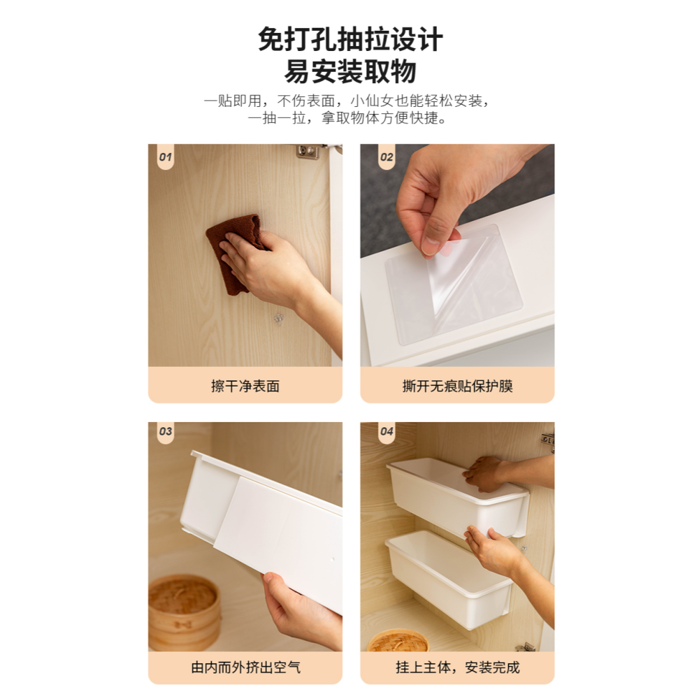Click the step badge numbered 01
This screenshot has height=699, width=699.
point(165,157)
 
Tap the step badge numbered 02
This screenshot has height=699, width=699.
point(387,157)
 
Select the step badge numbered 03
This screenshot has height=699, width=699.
point(165,431)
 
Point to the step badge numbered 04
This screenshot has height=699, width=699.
point(387,431)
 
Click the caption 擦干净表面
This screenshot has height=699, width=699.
point(245,386)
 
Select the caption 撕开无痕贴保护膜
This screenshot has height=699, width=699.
point(457,386)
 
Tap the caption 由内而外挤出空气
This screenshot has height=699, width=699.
point(245,667)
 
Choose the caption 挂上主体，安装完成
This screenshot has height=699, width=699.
point(457,667)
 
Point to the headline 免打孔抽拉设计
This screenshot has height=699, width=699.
point(350,39)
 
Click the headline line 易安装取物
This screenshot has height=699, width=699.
point(350,72)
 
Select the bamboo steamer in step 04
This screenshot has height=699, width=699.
point(397,640)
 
